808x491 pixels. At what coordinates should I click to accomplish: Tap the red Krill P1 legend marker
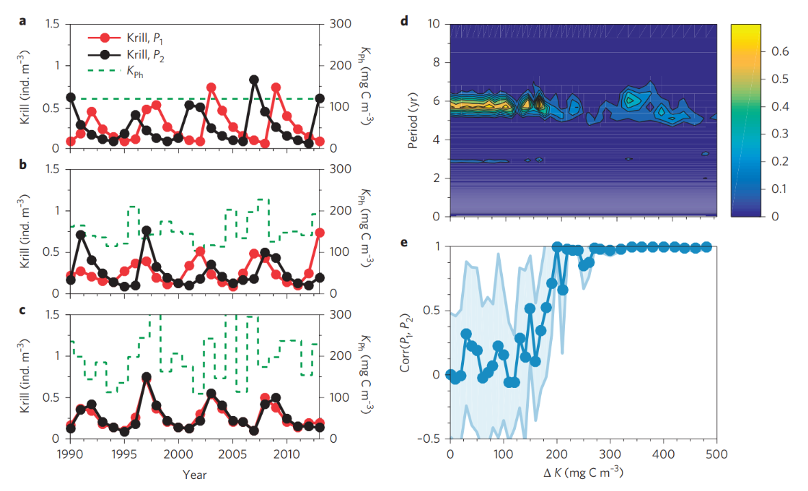click(x=105, y=38)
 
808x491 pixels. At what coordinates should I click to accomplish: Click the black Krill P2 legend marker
click(x=105, y=55)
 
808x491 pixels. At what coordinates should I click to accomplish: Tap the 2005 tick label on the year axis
click(x=233, y=455)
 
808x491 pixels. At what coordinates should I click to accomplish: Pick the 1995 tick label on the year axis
click(x=124, y=455)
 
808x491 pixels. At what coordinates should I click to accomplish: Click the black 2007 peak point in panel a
click(x=254, y=80)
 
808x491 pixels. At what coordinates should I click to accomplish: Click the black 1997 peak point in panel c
click(x=147, y=377)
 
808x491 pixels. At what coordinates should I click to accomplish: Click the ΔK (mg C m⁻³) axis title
click(x=583, y=473)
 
